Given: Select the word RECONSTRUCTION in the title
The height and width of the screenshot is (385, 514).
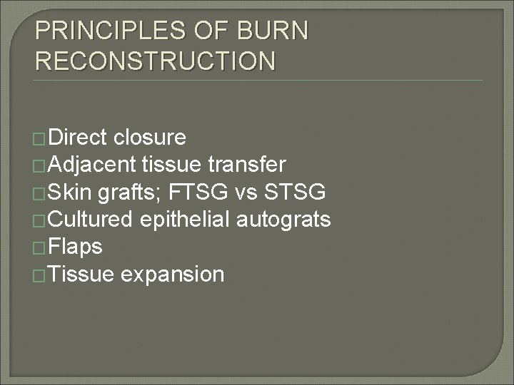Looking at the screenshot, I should (x=155, y=61).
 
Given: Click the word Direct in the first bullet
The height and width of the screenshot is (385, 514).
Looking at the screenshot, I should (x=79, y=137).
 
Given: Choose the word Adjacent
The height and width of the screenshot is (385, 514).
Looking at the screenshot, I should (x=93, y=165).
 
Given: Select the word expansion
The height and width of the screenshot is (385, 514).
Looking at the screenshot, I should (x=173, y=274).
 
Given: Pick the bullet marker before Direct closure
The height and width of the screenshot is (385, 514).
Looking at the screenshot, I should (x=41, y=138).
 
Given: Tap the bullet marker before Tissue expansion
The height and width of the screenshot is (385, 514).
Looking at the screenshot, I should (x=41, y=275).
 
